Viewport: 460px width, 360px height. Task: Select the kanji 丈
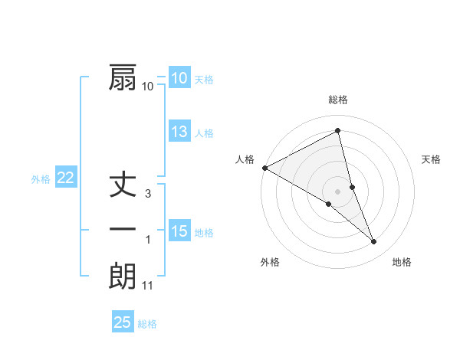point(123,185)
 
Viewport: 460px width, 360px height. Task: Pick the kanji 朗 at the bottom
point(123,277)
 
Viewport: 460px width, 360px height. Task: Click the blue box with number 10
point(179,78)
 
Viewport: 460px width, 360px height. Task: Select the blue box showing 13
point(179,132)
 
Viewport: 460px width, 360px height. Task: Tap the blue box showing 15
point(179,231)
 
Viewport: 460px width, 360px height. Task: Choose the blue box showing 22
point(65,178)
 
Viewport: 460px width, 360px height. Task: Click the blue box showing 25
point(123,322)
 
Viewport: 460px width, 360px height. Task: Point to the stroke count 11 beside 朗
point(148,286)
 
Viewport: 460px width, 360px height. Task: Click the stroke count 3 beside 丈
point(148,194)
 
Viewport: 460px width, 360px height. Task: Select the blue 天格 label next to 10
point(204,79)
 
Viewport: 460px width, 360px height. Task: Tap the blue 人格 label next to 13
point(204,133)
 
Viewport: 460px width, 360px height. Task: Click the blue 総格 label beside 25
point(147,323)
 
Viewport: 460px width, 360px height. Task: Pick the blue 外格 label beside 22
point(41,178)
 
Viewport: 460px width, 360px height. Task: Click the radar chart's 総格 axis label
point(338,100)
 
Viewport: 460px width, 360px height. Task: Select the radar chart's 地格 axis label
point(402,262)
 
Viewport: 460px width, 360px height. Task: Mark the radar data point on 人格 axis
point(264,168)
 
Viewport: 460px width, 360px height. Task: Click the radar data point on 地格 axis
point(374,242)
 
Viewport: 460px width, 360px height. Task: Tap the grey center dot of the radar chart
point(337,191)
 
